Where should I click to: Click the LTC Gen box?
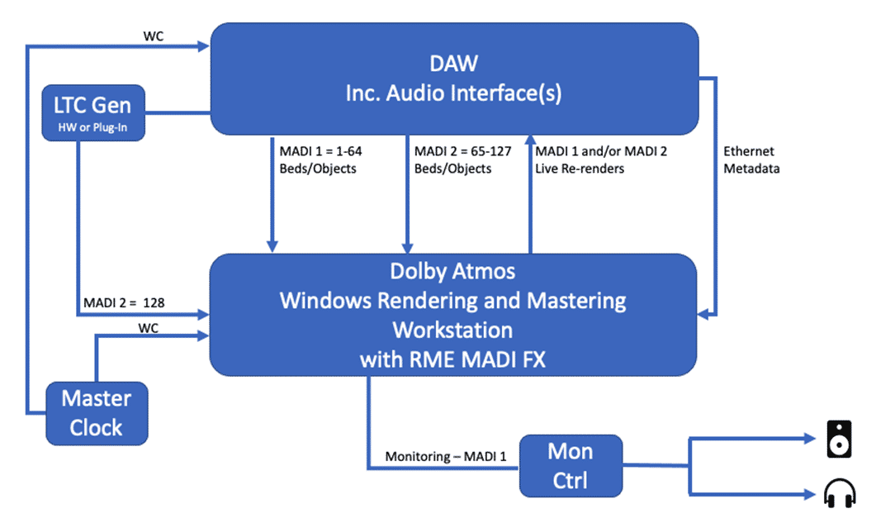(93, 113)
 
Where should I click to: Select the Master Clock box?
(96, 413)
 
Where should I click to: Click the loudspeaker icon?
(839, 439)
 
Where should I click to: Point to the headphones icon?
(839, 494)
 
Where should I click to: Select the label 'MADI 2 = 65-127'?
(452, 153)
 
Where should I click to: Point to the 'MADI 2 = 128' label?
(124, 302)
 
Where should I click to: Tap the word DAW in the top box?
(453, 64)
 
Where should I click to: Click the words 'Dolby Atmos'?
(452, 271)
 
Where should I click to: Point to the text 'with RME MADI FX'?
(452, 359)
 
